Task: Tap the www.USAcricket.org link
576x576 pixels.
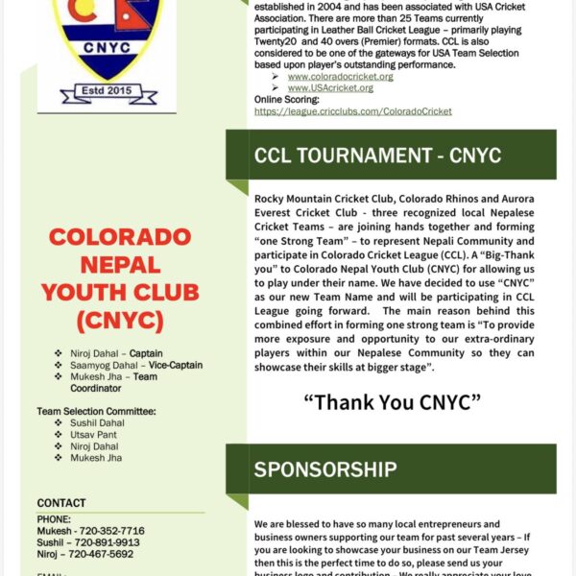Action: (330, 87)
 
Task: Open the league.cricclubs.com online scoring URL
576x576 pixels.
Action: (352, 111)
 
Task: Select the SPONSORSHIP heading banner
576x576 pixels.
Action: (325, 469)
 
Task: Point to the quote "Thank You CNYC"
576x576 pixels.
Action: (392, 401)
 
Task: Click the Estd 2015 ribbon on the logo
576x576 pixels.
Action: (108, 94)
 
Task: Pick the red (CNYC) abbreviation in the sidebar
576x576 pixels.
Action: (120, 320)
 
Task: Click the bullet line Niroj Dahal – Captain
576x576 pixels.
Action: (115, 353)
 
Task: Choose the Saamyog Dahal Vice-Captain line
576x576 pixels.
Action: (135, 365)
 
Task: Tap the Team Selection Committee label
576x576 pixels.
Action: (96, 411)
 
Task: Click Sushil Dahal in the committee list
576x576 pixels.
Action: (97, 422)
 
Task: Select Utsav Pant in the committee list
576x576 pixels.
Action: (93, 435)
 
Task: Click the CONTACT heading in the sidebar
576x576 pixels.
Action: (61, 503)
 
